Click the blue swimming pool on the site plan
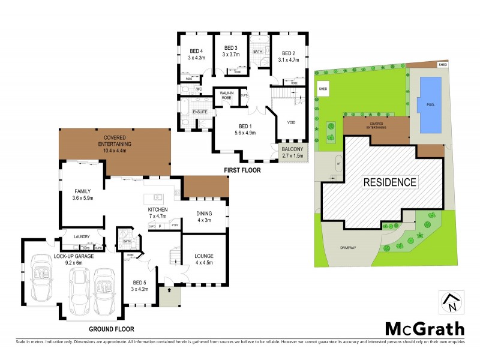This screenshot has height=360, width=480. [x=431, y=105]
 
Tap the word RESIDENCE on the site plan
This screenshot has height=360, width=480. [x=389, y=182]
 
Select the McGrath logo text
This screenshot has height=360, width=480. [x=424, y=328]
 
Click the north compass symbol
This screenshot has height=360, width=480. [x=452, y=302]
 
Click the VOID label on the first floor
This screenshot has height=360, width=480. [x=292, y=123]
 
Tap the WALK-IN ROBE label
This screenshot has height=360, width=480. [x=226, y=95]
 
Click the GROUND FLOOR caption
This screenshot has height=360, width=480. [x=112, y=329]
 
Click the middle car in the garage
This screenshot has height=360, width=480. [x=79, y=293]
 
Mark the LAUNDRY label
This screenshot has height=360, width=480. [x=82, y=237]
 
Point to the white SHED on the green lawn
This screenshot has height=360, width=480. [x=323, y=89]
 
